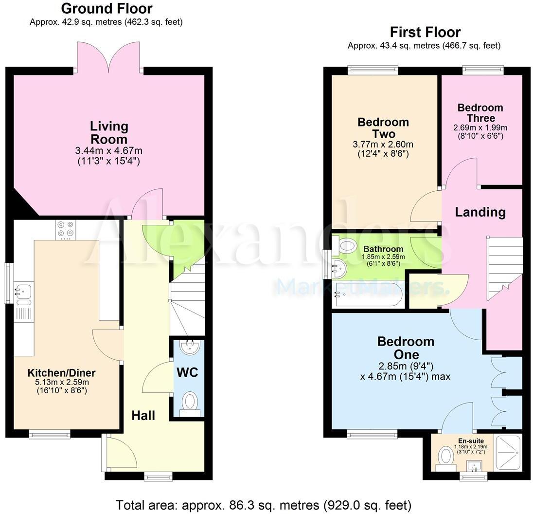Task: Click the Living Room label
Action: click(109, 132)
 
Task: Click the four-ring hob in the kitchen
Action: click(66, 230)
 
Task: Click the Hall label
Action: click(143, 415)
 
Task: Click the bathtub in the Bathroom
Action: click(367, 295)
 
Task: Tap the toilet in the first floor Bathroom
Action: click(346, 245)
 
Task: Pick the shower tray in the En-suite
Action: click(508, 452)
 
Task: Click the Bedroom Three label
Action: click(480, 112)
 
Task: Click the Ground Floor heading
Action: click(107, 8)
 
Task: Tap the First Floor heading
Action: click(425, 32)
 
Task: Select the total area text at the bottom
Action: click(263, 505)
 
